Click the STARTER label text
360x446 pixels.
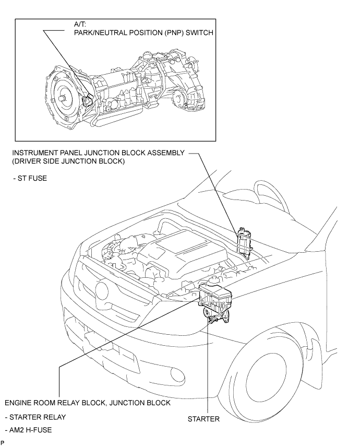tap(203, 419)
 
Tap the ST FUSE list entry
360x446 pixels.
tap(30, 178)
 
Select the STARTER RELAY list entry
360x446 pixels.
tap(35, 417)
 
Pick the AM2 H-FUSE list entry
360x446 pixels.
tap(28, 430)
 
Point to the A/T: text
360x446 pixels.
tap(80, 24)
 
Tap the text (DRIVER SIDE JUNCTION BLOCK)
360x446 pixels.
tap(68, 161)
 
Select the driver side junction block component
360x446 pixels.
tap(244, 243)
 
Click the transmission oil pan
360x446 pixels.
tap(119, 116)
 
